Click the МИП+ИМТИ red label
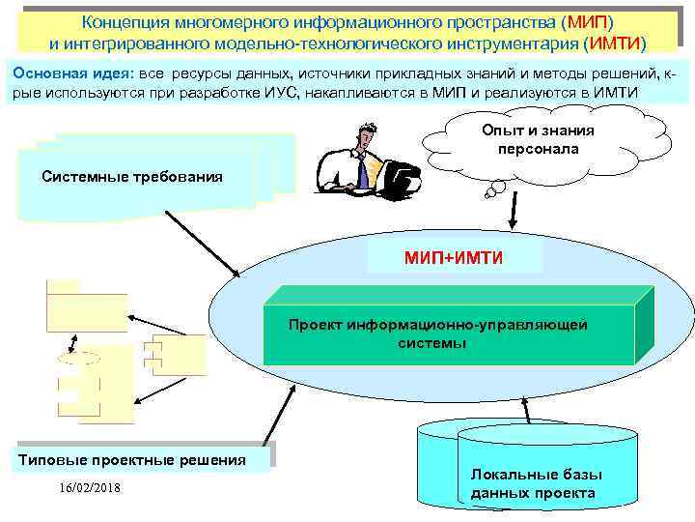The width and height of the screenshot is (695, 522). coord(455,257)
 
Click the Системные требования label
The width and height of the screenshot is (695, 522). coord(133,177)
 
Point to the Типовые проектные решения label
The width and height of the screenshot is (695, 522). coord(132,459)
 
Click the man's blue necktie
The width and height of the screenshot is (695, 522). coord(362,172)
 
